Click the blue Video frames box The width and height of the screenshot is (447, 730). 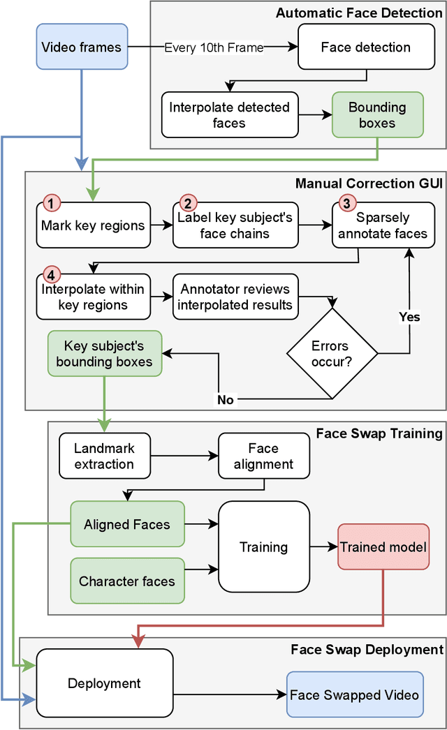82,47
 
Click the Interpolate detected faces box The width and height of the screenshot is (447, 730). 228,115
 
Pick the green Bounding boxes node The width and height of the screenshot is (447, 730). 377,114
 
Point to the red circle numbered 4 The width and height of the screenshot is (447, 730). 52,274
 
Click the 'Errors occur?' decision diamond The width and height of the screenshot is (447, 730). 330,355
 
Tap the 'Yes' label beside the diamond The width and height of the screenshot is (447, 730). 409,317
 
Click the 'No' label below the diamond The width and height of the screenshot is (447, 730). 226,400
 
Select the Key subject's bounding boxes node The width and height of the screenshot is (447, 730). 104,353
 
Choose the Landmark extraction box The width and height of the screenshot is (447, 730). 104,456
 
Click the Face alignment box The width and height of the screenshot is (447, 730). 263,456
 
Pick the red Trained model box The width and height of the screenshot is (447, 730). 383,546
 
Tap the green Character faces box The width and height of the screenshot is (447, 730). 127,581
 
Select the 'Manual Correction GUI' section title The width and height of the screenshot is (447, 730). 369,184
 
